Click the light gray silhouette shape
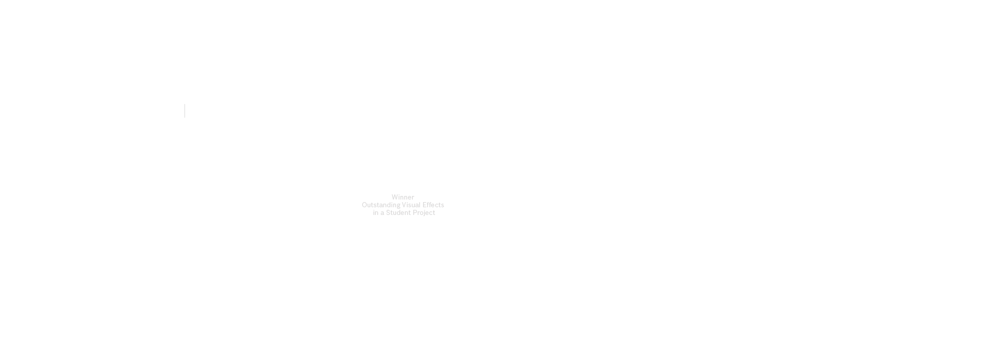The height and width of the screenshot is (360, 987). (403, 207)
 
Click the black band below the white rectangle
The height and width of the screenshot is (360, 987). (493, 288)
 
